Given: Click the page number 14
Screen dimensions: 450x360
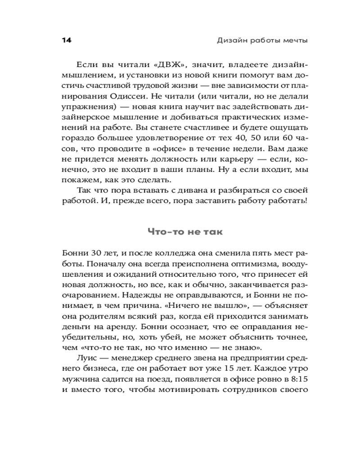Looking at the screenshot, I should pyautogui.click(x=66, y=40).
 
